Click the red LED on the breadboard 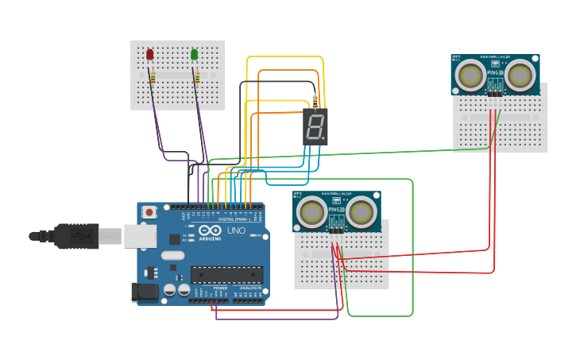point(149,54)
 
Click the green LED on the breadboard point(194,54)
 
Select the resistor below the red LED point(153,77)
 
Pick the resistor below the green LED point(197,77)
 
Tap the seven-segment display point(315,126)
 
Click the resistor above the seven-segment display point(315,102)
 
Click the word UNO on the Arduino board point(237,230)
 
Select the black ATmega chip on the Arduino point(226,274)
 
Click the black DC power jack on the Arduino point(144,292)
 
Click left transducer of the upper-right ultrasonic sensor point(471,75)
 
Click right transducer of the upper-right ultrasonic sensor point(520,75)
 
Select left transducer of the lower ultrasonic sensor point(311,212)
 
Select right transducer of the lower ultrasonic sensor point(361,212)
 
